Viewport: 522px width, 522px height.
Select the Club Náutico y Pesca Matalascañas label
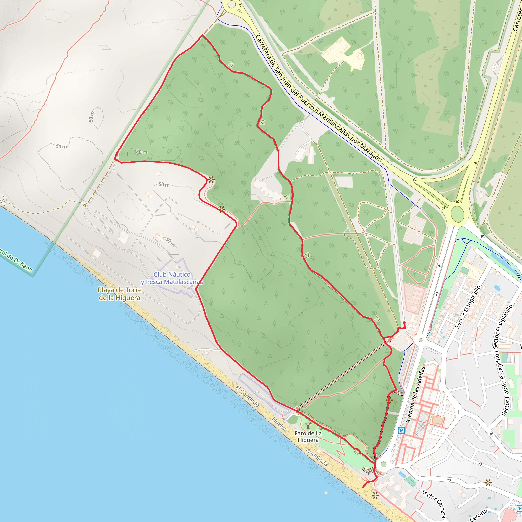pos(172,278)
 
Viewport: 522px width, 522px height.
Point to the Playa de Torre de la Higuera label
pos(120,294)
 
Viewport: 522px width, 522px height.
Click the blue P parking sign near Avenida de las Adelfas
pos(401,430)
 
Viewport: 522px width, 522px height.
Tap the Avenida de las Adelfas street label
pos(415,395)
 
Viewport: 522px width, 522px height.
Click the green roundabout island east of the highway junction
pos(457,214)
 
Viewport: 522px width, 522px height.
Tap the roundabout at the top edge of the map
pos(231,4)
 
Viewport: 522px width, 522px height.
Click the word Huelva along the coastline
pos(279,424)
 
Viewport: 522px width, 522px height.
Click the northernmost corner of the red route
pos(203,35)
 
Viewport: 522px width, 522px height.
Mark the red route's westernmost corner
pos(115,159)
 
